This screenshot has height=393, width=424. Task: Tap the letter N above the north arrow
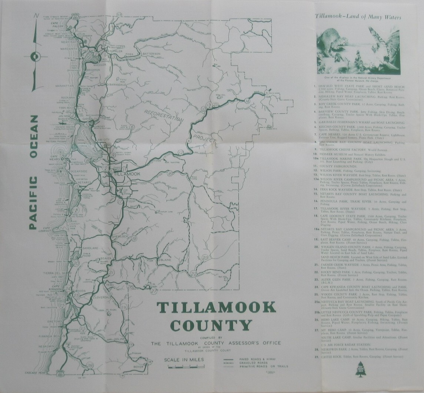36,16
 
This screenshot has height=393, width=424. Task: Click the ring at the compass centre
36,57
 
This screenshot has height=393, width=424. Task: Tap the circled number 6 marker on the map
132,128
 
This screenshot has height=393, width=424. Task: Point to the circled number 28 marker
89,366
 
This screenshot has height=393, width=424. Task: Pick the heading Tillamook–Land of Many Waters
358,17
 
